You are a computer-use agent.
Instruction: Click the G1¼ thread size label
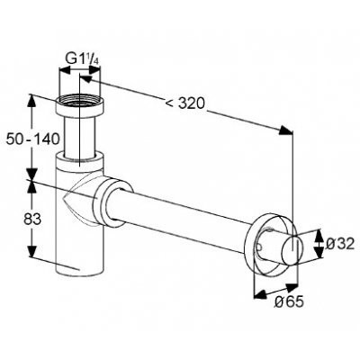tap(83, 58)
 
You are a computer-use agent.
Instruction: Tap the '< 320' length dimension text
tap(185, 103)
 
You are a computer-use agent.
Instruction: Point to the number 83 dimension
tap(32, 220)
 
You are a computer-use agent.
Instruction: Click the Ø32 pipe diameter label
tap(340, 244)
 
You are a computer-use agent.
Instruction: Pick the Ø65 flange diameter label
tap(289, 301)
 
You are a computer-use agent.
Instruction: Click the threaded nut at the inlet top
tap(80, 105)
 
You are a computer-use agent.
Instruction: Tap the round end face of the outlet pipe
tap(292, 250)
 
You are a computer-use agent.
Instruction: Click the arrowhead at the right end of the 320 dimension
tap(285, 130)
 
